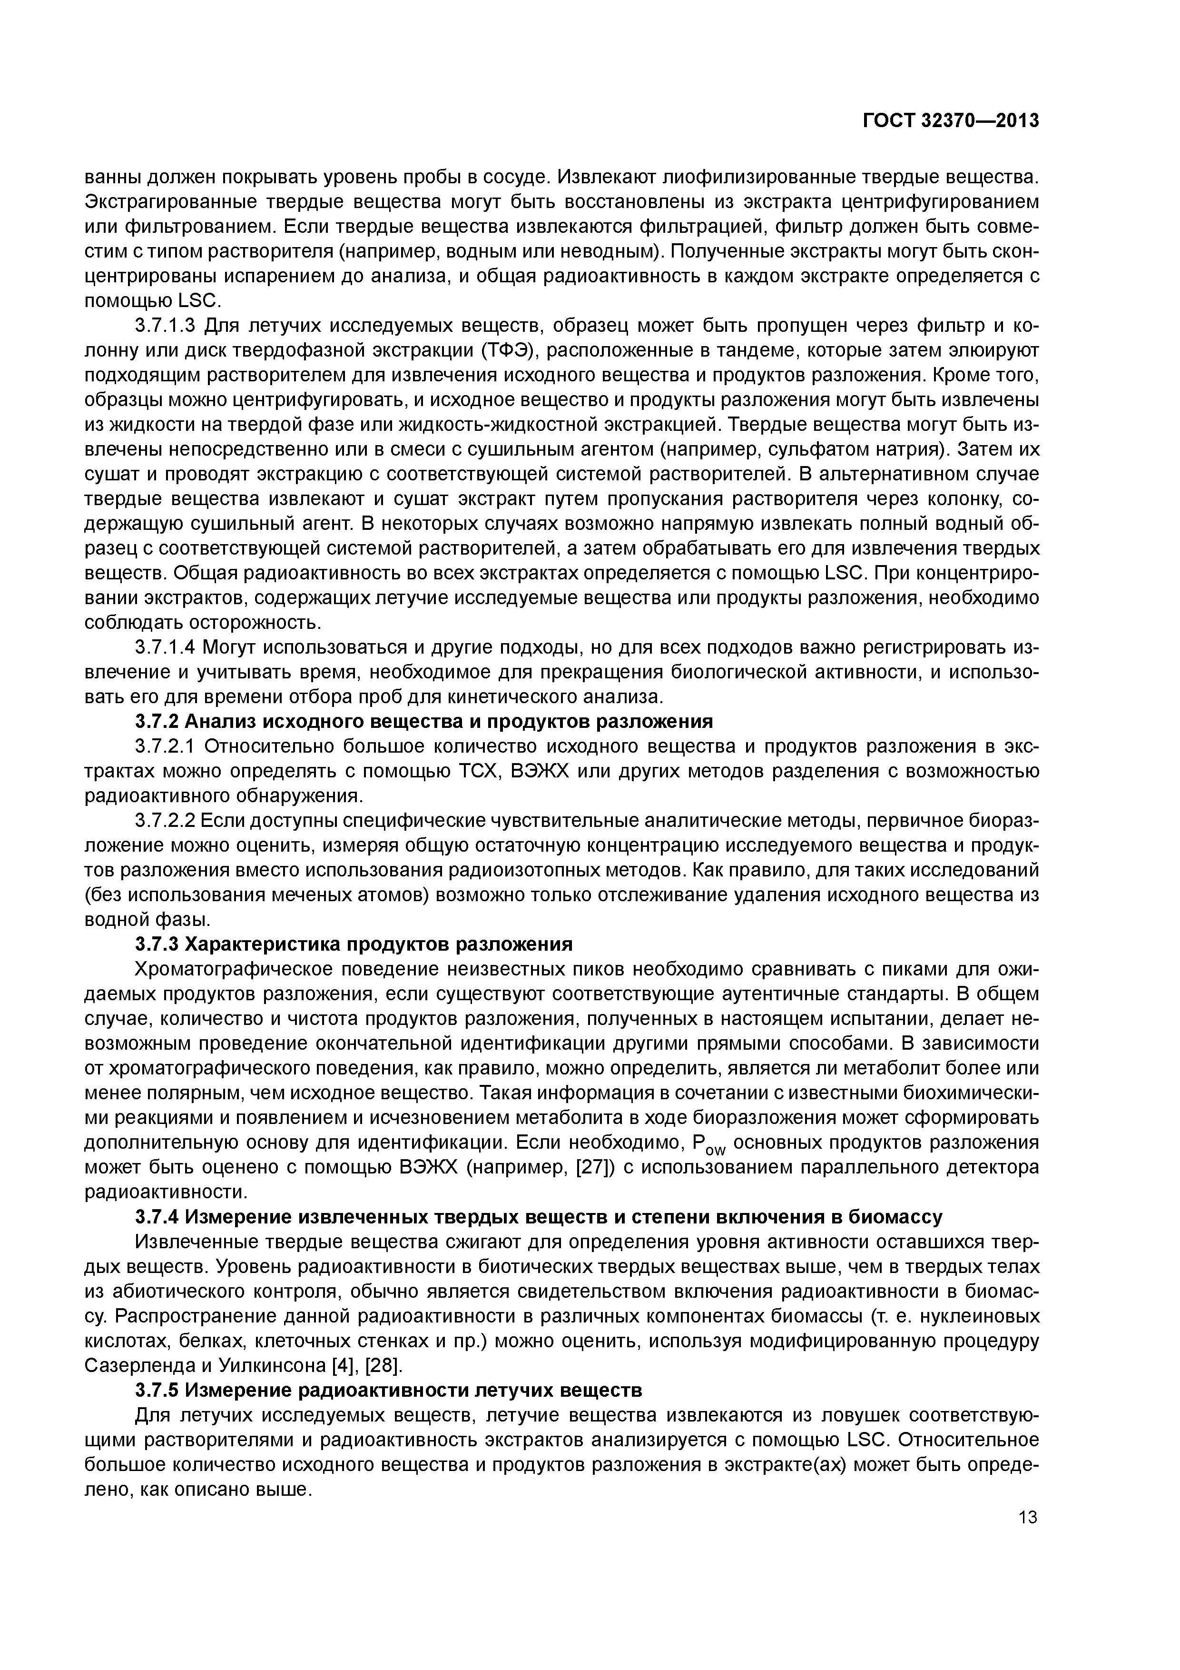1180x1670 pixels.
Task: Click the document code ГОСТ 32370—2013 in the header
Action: point(950,121)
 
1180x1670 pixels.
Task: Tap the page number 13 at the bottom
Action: point(1027,1517)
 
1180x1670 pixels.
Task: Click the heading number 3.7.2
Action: point(157,722)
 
